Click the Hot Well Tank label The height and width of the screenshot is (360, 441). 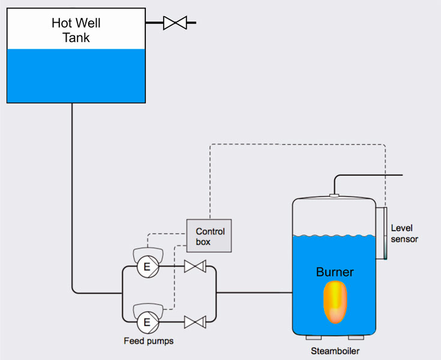tap(76, 31)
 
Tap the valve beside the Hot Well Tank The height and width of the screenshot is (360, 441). tap(176, 23)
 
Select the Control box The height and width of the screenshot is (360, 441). tap(209, 236)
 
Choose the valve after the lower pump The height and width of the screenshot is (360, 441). tap(194, 323)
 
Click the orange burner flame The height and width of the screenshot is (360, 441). tap(335, 304)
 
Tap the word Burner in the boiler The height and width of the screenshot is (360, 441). tap(335, 272)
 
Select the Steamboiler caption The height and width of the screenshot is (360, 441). tap(334, 351)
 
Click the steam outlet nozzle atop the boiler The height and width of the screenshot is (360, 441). tap(335, 195)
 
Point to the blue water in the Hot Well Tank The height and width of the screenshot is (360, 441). tap(76, 76)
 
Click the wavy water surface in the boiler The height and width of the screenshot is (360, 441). tap(334, 236)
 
